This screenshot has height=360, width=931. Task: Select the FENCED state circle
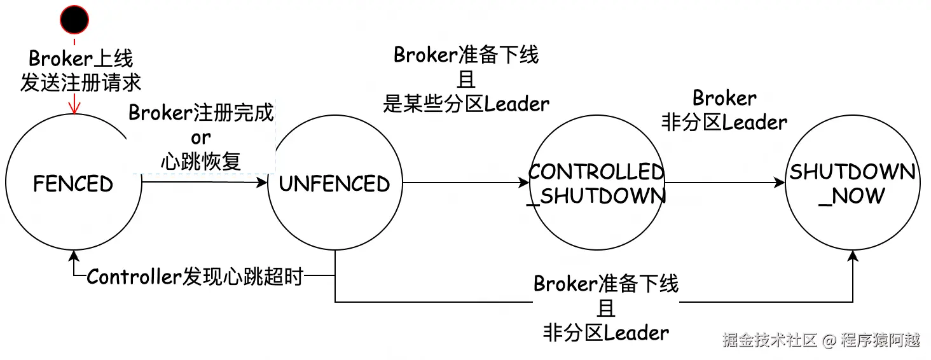pos(73,184)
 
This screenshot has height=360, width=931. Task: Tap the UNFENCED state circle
pos(334,184)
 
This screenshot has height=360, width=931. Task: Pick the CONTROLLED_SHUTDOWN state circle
pos(597,184)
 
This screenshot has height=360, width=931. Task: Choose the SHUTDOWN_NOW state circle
pos(852,184)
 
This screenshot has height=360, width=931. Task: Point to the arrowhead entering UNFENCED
pos(262,183)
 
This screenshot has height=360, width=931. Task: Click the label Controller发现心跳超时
pos(195,277)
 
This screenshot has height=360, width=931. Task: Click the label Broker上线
pos(81,59)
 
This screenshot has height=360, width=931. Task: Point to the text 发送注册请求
pos(81,83)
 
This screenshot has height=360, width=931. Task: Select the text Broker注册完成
pos(201,113)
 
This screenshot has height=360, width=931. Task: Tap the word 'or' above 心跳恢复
pos(201,137)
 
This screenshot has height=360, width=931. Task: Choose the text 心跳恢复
pos(201,161)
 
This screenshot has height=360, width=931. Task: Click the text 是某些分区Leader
pos(466,103)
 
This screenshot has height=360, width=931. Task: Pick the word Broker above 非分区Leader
pos(724,98)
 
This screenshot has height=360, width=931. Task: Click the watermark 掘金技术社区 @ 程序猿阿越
pos(821,340)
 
